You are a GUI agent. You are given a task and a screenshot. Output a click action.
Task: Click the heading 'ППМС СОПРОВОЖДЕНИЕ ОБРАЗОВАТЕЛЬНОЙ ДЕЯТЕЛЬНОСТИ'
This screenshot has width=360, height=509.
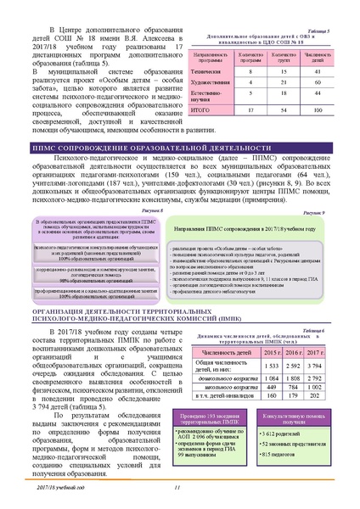click(x=179, y=172)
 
